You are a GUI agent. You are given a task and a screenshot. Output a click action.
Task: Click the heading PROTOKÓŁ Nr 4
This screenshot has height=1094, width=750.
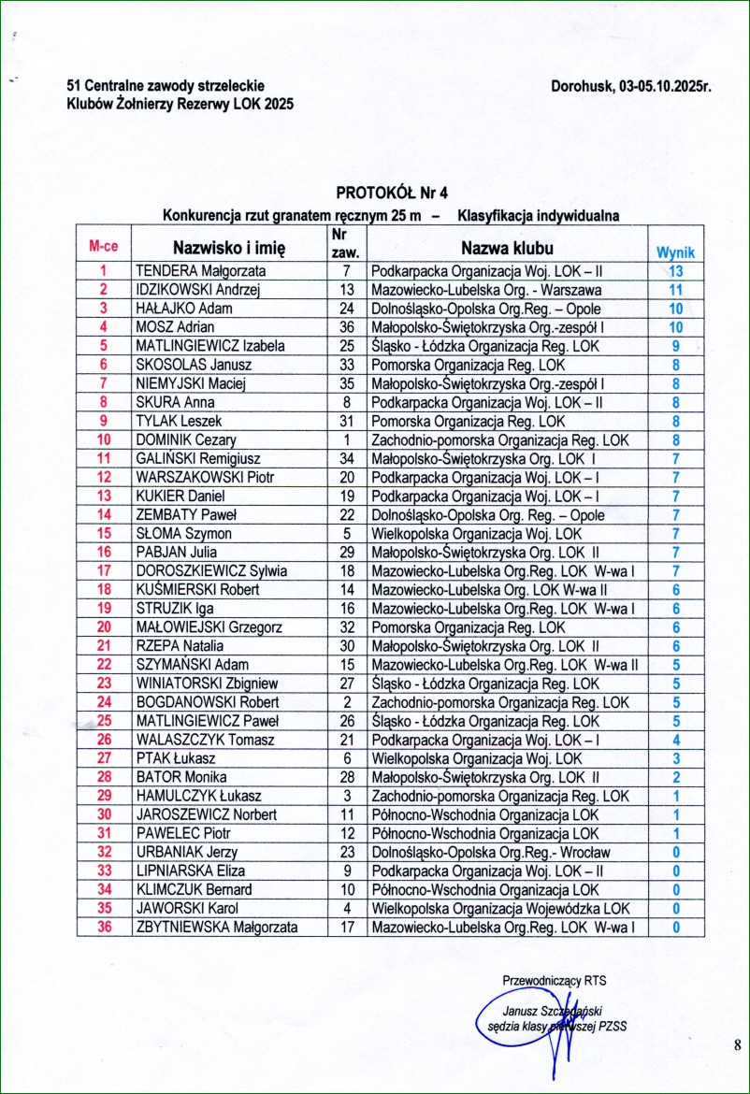pos(392,194)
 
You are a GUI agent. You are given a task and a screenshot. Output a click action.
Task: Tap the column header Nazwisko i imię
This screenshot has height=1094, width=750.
pos(228,248)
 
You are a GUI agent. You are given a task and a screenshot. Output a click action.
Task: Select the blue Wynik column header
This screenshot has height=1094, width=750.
pos(675,252)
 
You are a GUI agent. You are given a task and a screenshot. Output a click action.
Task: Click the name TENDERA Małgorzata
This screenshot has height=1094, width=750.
pos(189,271)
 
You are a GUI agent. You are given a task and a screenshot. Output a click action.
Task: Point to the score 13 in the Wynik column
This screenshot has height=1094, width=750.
pos(675,271)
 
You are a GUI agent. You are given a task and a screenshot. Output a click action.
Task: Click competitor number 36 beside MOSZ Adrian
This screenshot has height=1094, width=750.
pos(346,327)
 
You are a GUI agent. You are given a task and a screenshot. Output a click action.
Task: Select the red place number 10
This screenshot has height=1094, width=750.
pos(104,439)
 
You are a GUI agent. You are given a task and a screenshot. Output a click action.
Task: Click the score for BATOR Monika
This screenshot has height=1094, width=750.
pos(675,777)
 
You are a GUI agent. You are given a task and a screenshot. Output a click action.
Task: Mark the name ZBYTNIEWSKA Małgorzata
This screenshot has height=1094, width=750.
pos(216,927)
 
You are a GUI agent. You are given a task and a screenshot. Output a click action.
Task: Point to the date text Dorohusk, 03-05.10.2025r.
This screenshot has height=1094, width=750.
pos(631,87)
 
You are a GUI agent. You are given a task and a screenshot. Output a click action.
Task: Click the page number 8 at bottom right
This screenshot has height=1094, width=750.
pos(737,1045)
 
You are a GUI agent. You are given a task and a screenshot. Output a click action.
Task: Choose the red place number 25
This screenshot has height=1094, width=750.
pos(104,721)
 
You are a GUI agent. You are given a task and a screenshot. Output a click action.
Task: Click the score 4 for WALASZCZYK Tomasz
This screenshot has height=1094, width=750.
pos(675,740)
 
